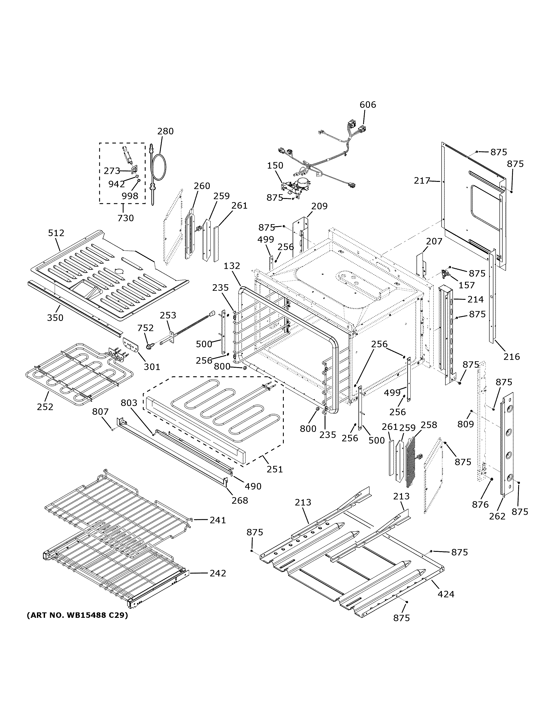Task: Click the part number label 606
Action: (x=368, y=105)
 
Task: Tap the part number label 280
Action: (x=165, y=131)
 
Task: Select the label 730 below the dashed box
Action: (x=126, y=218)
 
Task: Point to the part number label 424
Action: (x=446, y=594)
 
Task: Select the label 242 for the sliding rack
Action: (x=218, y=573)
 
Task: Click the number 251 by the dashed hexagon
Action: (x=275, y=469)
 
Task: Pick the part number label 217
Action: (x=422, y=180)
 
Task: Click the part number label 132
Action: (x=232, y=266)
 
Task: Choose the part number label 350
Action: (x=55, y=317)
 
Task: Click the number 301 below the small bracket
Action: (x=152, y=367)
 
